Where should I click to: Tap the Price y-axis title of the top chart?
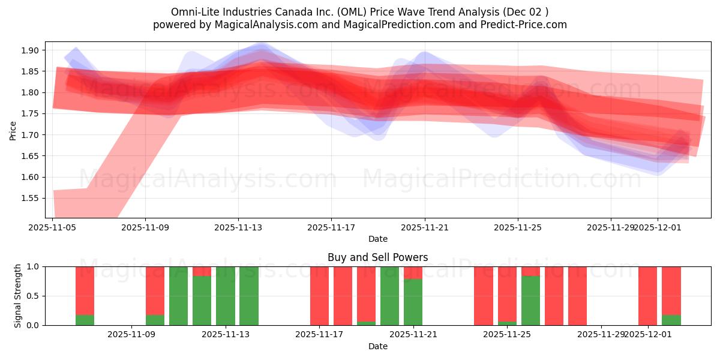(13, 130)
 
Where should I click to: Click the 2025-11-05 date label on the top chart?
(53, 227)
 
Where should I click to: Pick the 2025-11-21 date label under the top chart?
(425, 227)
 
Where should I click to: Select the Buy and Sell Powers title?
(377, 257)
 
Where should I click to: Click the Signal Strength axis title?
(18, 296)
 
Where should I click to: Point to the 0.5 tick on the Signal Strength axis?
(34, 296)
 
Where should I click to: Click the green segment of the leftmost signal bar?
(85, 320)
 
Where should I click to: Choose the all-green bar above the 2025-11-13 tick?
(226, 296)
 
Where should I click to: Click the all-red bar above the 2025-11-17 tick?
(319, 296)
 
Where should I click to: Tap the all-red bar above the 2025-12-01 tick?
(647, 296)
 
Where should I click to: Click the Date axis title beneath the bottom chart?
(377, 346)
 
